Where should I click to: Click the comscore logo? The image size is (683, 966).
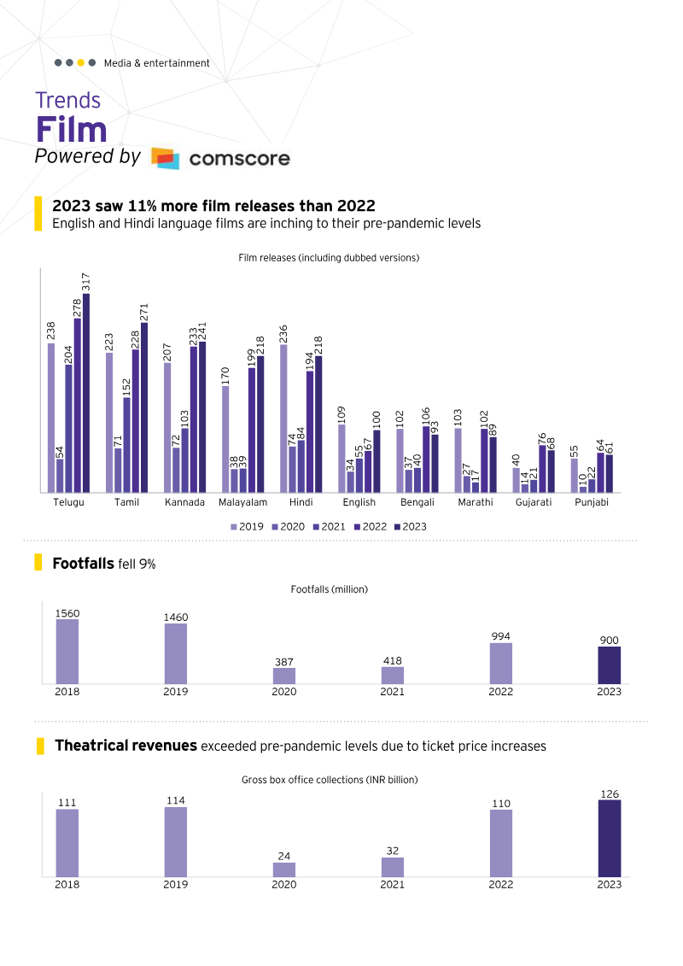(219, 158)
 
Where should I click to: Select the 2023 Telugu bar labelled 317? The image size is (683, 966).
(86, 393)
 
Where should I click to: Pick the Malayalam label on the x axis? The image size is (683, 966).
(243, 502)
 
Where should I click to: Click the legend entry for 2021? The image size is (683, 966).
(329, 527)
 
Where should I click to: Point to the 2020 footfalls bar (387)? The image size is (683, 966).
(284, 676)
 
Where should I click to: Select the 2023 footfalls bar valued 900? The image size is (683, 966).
(610, 665)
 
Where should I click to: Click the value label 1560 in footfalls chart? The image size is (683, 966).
(67, 613)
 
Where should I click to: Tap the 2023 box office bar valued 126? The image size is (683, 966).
(610, 838)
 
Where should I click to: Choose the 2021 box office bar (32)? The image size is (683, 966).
(393, 867)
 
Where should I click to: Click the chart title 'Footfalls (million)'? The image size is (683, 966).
(329, 589)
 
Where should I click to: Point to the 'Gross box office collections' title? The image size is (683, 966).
(330, 780)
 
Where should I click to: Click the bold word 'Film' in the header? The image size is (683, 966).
(71, 130)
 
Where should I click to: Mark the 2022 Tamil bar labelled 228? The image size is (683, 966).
(136, 421)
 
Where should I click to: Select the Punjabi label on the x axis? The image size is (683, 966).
(592, 502)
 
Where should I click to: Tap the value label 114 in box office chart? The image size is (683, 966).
(176, 800)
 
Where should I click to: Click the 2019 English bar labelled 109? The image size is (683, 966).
(341, 458)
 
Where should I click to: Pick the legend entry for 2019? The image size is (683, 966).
(247, 527)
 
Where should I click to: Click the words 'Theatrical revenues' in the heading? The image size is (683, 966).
(126, 746)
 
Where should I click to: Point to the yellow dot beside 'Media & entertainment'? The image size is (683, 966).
(80, 62)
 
